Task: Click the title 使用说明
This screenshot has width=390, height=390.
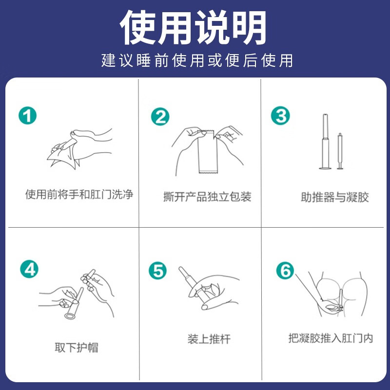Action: click(x=193, y=27)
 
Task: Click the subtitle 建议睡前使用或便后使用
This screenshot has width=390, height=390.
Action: click(x=197, y=60)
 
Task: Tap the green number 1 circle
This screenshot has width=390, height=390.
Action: click(x=28, y=116)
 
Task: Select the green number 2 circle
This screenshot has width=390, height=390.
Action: click(x=160, y=117)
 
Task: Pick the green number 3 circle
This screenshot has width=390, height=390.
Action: click(x=280, y=116)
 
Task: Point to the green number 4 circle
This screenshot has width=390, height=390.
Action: click(x=29, y=269)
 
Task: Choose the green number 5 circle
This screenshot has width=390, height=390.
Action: click(x=157, y=271)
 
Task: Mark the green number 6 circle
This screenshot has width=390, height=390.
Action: click(x=285, y=271)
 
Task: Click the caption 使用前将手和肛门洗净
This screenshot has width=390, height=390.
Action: click(x=79, y=194)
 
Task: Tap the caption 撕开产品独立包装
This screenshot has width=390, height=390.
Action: click(x=207, y=196)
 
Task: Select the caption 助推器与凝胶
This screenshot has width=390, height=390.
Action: click(x=335, y=197)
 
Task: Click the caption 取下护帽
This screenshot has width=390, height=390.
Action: click(x=77, y=348)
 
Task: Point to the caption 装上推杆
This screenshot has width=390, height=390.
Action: click(x=209, y=339)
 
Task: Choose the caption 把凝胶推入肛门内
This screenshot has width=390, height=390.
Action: click(x=331, y=338)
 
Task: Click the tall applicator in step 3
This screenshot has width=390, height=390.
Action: click(x=325, y=141)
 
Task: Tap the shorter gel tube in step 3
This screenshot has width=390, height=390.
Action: click(x=340, y=151)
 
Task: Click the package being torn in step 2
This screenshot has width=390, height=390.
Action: click(x=208, y=152)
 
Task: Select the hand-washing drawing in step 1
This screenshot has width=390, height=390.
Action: click(x=79, y=149)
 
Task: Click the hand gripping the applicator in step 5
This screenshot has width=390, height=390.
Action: click(x=214, y=292)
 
